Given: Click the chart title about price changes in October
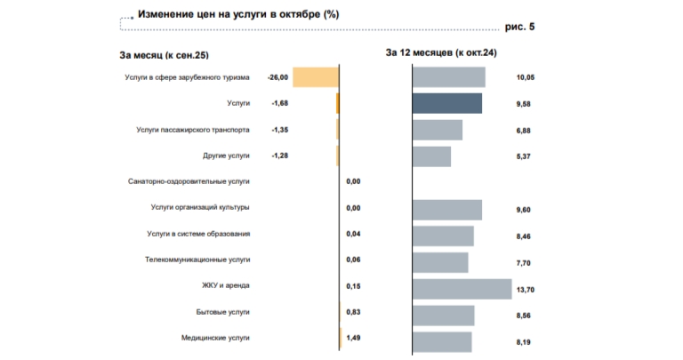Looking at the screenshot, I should (x=237, y=15).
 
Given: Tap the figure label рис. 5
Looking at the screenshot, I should (x=518, y=27).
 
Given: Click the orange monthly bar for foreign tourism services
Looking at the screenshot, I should (x=315, y=77).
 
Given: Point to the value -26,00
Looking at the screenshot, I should (x=277, y=78).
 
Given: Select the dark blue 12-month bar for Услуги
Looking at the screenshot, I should (x=447, y=104).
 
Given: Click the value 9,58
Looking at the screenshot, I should (x=524, y=105).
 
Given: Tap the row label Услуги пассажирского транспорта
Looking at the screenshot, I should (x=192, y=130).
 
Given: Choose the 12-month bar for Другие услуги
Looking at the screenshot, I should (x=432, y=156).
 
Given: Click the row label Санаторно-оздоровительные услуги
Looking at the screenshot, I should (x=189, y=181).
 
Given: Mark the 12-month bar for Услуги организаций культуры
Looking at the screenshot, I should (x=447, y=209).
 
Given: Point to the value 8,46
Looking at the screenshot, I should (x=524, y=235).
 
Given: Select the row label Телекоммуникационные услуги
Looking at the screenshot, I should (x=197, y=260).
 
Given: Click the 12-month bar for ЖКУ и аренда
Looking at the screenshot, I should (x=462, y=288).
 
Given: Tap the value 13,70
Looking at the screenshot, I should (x=526, y=288).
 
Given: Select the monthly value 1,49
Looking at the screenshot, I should (x=353, y=338).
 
